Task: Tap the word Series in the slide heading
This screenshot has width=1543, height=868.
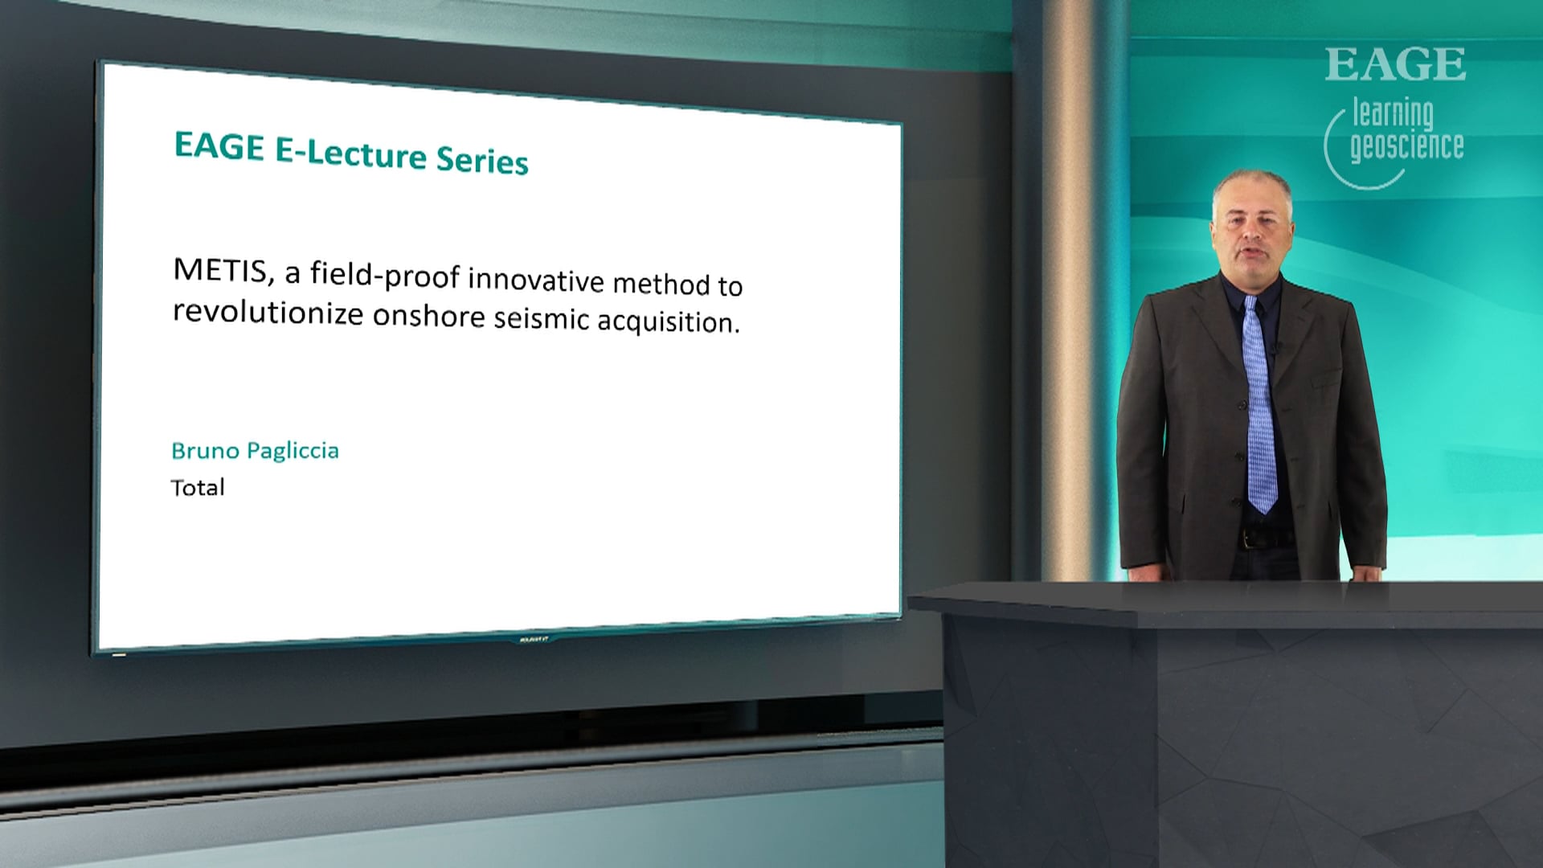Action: coord(482,160)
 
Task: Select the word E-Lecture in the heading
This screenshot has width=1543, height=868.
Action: coord(350,153)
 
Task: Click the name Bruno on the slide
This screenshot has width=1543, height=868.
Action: coord(205,450)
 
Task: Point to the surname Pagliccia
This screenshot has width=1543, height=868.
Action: coord(293,452)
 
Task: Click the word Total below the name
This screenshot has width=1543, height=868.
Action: coord(198,488)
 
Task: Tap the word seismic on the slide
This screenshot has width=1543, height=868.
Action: coord(542,318)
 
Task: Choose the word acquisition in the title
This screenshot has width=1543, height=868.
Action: coord(668,321)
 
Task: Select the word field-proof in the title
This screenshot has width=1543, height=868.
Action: coord(385,276)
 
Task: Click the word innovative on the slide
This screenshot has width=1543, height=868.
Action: coord(536,280)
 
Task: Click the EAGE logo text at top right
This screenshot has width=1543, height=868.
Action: coord(1395,64)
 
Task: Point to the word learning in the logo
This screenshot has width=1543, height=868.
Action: coord(1393,113)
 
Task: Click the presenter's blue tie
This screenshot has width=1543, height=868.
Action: coord(1259,405)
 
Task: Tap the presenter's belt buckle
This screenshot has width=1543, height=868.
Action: coord(1248,538)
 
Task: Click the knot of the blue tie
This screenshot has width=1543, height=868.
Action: coord(1250,305)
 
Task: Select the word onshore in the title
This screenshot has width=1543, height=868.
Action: coord(428,315)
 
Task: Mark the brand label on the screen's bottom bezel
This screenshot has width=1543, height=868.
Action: coord(533,640)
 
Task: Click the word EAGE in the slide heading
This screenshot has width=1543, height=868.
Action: coord(219,146)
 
